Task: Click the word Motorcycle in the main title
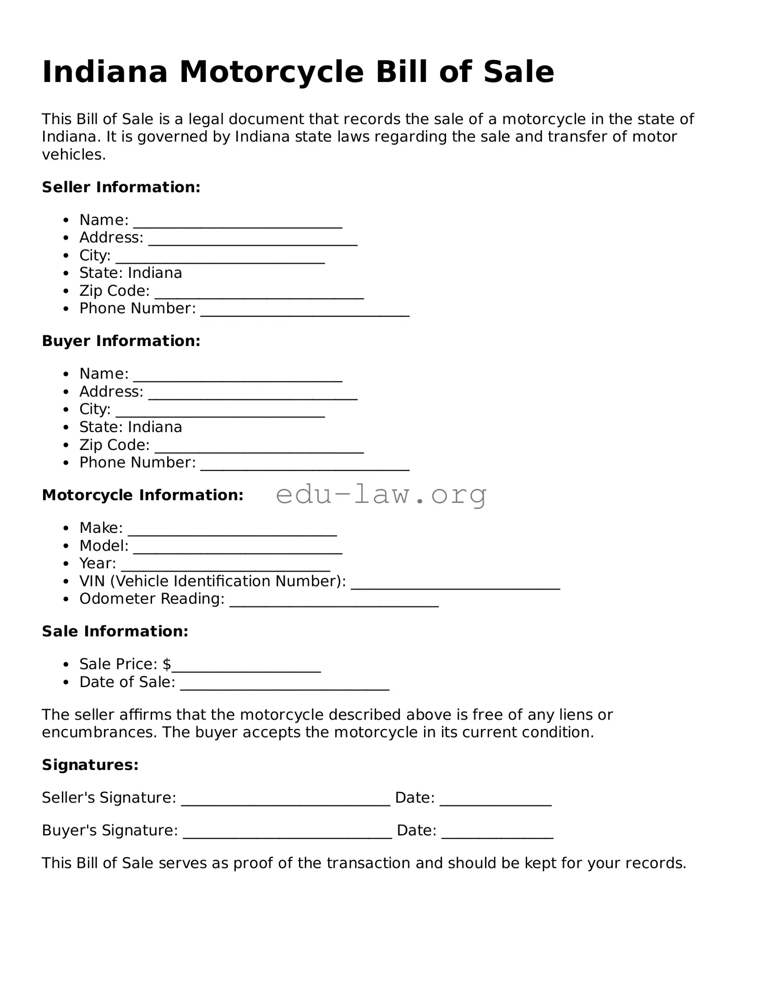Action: (x=271, y=72)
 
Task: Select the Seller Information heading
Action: (x=121, y=187)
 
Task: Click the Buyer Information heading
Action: (x=121, y=341)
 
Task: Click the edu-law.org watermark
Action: (x=381, y=494)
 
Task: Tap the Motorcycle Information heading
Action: (x=142, y=495)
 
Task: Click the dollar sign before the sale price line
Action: (x=167, y=664)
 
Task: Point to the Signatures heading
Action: (x=90, y=765)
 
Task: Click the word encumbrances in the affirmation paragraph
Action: (x=99, y=732)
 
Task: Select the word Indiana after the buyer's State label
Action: (x=155, y=427)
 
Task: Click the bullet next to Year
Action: (x=66, y=564)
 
